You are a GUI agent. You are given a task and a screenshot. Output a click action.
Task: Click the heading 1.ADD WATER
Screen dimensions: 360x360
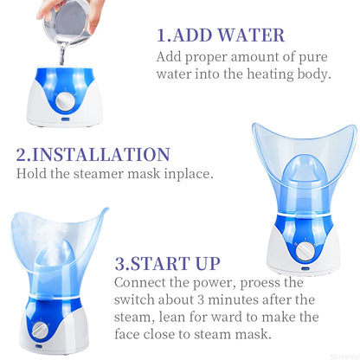coord(220,35)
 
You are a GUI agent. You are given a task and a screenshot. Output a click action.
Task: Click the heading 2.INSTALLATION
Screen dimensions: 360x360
coord(93,156)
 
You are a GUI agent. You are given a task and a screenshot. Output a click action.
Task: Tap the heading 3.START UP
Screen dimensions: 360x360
coord(167,263)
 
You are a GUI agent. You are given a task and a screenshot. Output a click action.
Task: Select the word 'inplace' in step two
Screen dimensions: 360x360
coord(185,174)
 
